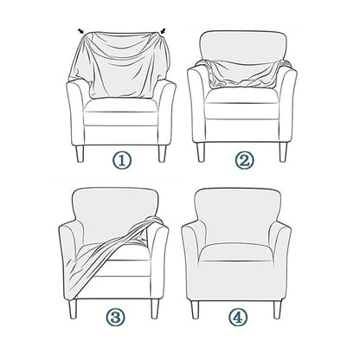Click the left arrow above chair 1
[x=81, y=32]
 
